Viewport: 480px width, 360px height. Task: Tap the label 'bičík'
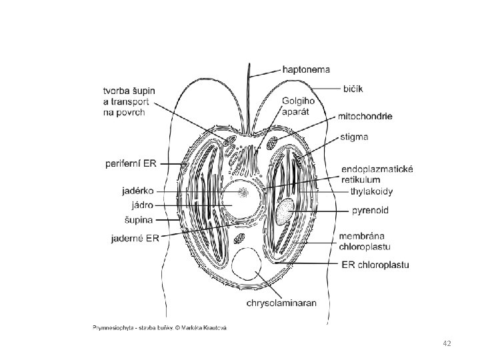click(x=354, y=87)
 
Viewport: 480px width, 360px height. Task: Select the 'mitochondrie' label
click(x=366, y=116)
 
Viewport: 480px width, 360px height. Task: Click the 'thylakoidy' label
click(x=372, y=192)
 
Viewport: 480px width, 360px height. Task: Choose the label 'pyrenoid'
click(x=369, y=211)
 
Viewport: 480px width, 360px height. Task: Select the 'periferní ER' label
click(x=132, y=162)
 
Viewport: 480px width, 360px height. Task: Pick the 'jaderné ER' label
click(x=133, y=237)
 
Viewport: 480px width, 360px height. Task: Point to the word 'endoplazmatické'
click(x=377, y=169)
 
